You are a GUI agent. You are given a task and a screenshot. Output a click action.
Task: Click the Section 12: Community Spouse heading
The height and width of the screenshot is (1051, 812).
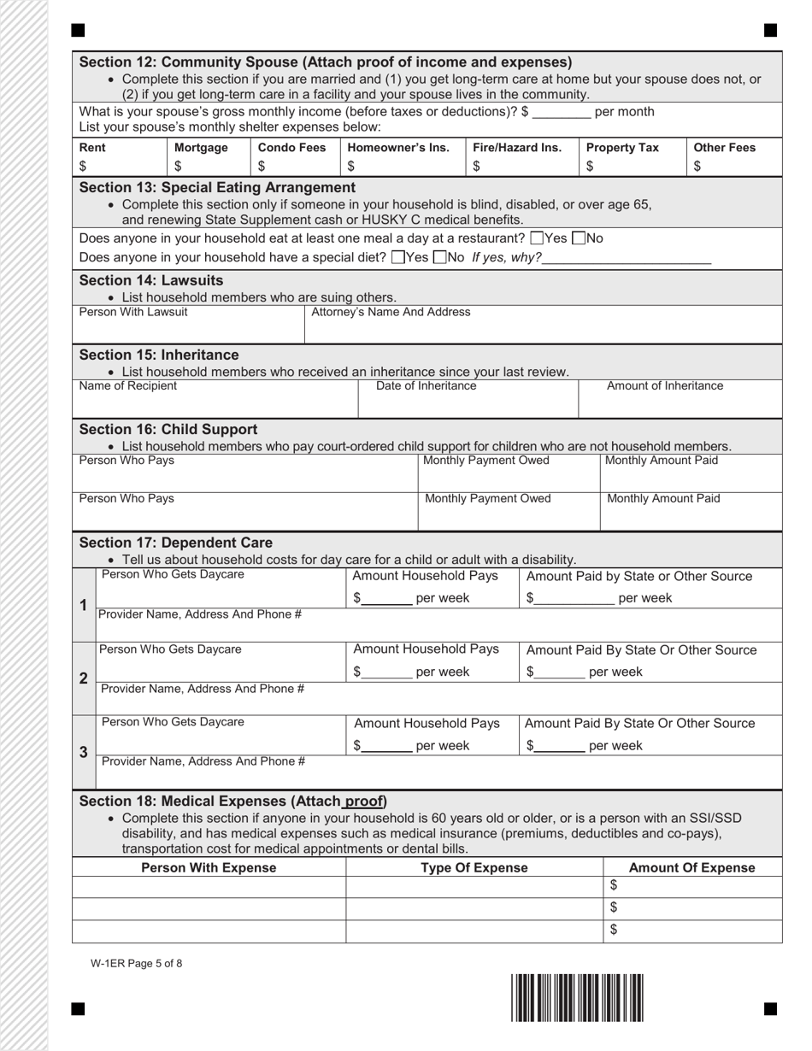(x=325, y=62)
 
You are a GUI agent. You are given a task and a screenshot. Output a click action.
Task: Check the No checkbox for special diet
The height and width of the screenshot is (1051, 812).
(x=439, y=257)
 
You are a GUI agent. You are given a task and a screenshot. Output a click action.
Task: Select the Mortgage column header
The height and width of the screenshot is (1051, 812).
(x=201, y=148)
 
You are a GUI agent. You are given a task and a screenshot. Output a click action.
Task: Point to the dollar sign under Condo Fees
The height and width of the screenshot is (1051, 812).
(x=262, y=167)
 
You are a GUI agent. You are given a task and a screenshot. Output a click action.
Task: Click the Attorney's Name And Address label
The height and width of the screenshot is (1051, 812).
(x=391, y=313)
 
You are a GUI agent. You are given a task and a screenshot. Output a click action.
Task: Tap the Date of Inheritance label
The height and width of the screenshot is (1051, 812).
(x=427, y=386)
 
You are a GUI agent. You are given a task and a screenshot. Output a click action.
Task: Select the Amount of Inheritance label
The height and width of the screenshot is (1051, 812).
(x=664, y=386)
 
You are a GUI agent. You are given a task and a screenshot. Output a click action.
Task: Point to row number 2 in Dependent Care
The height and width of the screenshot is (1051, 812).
(x=84, y=678)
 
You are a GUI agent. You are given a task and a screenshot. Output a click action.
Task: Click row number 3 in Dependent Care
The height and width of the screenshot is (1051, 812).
(x=84, y=753)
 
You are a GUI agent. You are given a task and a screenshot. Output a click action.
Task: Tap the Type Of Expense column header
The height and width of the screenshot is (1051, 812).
(x=474, y=868)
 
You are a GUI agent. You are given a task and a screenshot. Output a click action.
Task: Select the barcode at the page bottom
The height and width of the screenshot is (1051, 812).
(x=577, y=997)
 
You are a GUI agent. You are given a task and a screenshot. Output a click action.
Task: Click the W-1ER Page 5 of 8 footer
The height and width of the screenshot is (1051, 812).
(x=136, y=964)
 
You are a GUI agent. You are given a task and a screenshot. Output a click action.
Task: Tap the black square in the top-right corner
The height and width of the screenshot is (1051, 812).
(x=770, y=31)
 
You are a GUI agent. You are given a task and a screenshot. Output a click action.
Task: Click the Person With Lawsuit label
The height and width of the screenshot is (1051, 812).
(x=133, y=313)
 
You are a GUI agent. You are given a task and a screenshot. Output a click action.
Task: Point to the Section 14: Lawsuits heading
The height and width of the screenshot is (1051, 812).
(x=151, y=280)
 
